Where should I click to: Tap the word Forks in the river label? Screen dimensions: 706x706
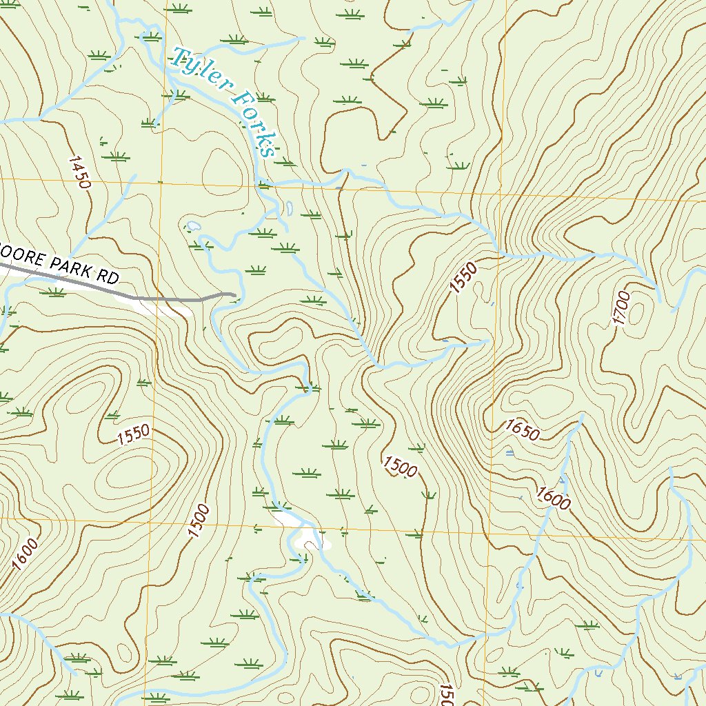point(252,125)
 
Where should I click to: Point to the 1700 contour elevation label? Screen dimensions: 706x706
point(621,308)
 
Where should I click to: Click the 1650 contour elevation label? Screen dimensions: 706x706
point(522,430)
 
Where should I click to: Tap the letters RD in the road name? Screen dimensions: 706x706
point(108,277)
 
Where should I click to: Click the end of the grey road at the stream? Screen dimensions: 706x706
point(234,295)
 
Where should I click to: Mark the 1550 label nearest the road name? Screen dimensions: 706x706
point(132,434)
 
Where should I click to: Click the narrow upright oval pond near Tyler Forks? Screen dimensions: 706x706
point(290,206)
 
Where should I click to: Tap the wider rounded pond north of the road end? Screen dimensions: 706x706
point(192,225)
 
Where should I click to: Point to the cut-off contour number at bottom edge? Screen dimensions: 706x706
point(445,695)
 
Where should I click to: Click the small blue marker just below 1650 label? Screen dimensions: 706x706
point(510,452)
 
